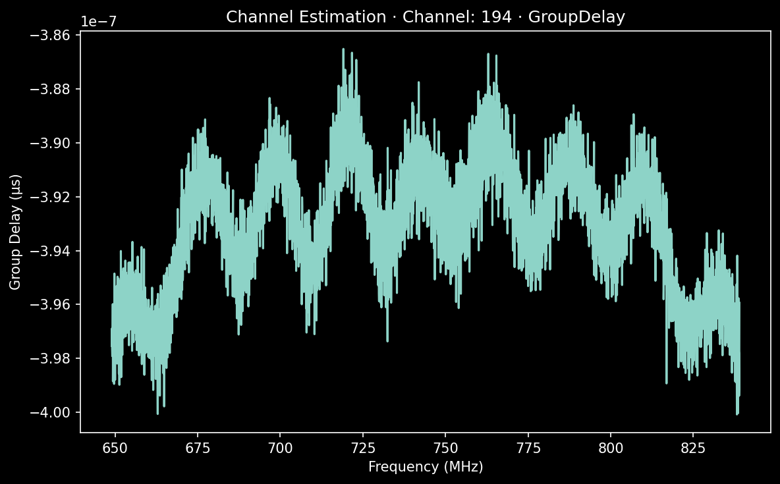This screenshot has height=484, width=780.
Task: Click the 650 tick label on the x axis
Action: [115, 448]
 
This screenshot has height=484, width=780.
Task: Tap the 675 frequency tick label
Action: [197, 448]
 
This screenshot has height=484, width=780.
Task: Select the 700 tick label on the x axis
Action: [280, 448]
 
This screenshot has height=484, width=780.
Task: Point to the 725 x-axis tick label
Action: [362, 448]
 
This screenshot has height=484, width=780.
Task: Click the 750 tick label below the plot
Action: [445, 448]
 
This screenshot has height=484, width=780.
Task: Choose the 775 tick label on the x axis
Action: [528, 448]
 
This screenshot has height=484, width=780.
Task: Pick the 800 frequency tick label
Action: [610, 448]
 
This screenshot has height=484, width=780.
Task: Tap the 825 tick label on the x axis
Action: [692, 448]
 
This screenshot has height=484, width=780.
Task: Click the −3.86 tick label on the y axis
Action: [54, 36]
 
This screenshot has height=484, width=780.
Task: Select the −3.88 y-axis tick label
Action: [54, 90]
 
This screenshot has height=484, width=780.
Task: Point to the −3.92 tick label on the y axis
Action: [54, 197]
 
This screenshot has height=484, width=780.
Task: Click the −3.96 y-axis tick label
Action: [54, 305]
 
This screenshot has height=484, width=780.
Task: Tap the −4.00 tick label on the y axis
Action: [54, 412]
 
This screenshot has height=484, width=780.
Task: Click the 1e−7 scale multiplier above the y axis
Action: [99, 20]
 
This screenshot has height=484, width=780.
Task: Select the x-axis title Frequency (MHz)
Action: [426, 467]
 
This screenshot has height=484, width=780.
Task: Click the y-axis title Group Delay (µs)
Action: [15, 232]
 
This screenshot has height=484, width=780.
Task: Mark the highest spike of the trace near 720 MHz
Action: [343, 49]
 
